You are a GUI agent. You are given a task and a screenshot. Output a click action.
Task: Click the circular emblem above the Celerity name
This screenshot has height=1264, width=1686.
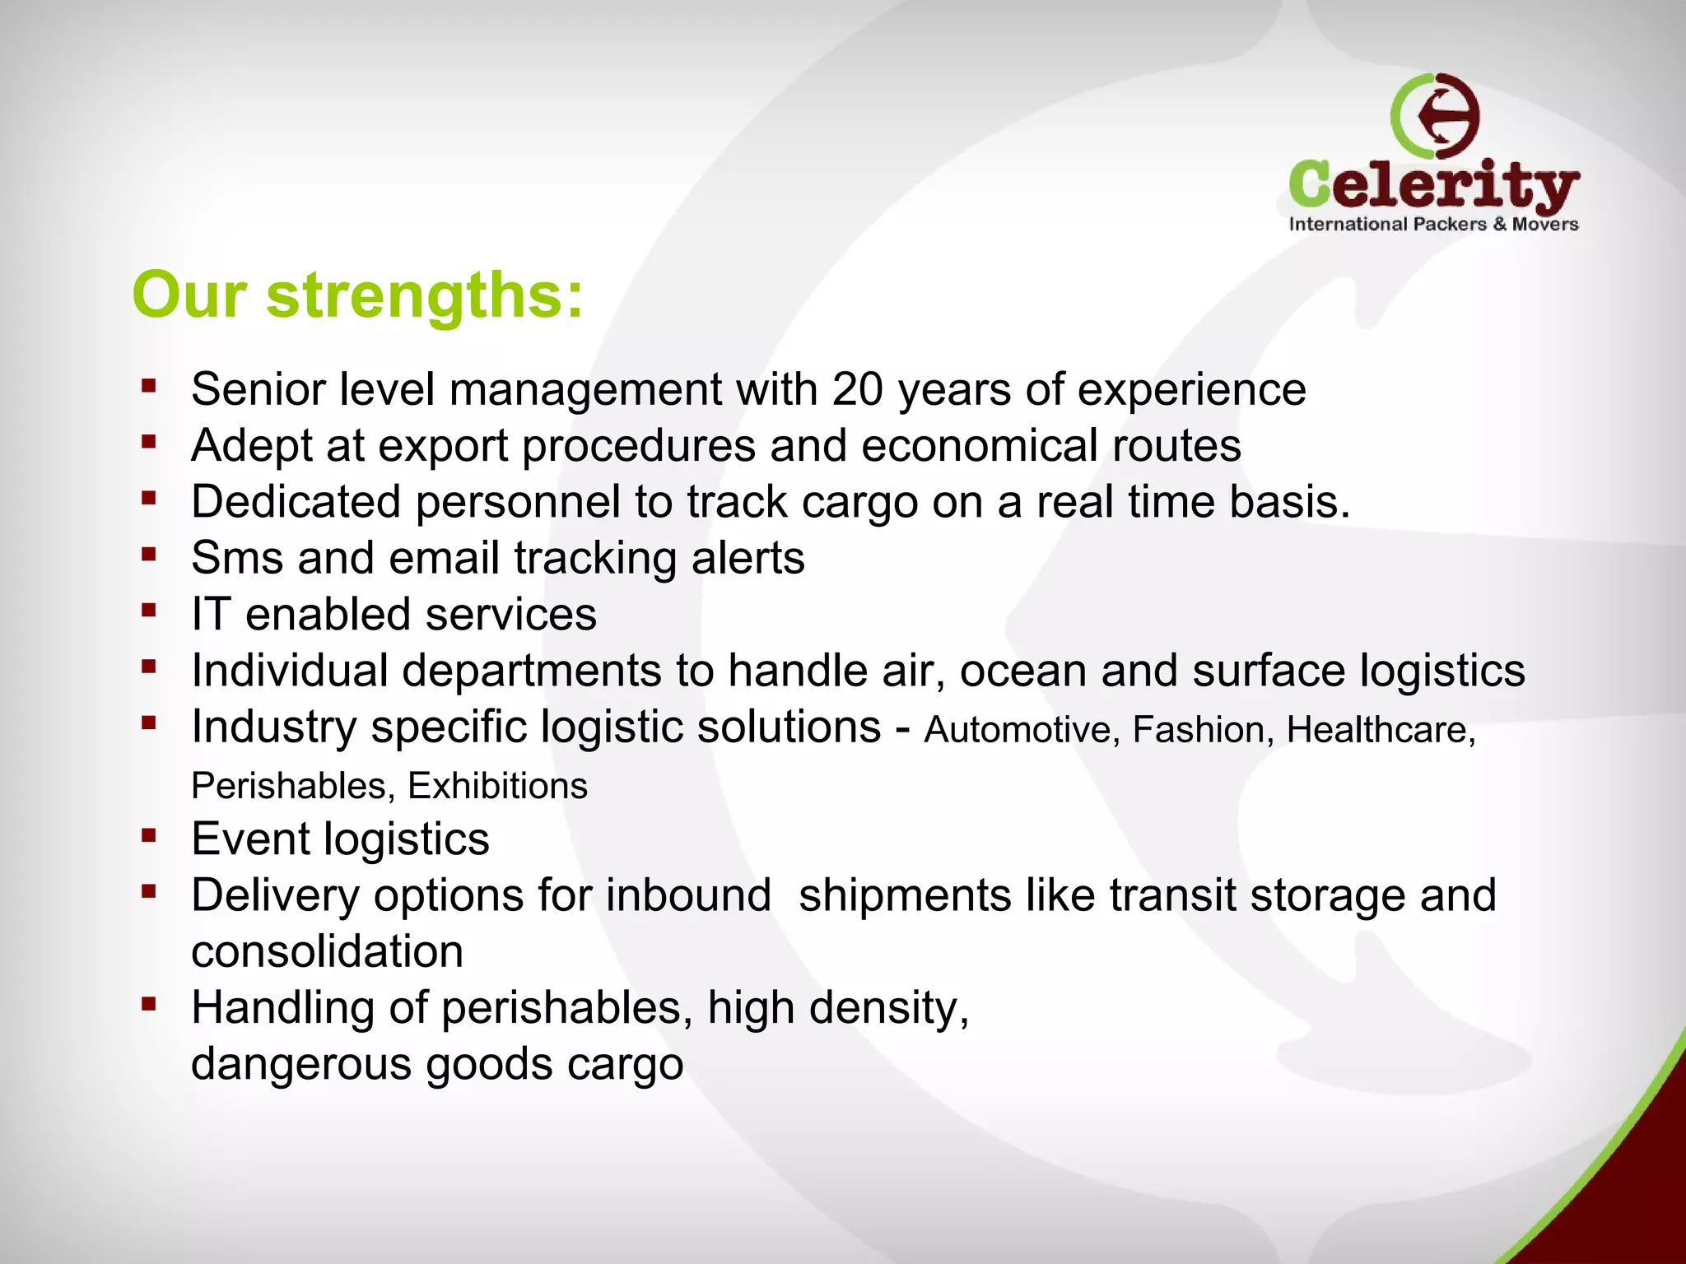click(x=1435, y=116)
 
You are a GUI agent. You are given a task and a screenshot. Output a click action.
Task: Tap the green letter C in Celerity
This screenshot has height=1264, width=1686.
click(x=1315, y=184)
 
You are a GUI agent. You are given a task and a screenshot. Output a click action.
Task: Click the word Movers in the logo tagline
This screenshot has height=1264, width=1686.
click(x=1544, y=224)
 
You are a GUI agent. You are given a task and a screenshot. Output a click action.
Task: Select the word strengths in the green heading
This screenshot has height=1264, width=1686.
click(x=424, y=296)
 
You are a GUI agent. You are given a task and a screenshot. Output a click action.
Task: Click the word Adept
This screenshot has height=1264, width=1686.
click(x=252, y=446)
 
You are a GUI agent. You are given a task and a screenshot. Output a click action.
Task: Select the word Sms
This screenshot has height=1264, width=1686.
click(x=237, y=558)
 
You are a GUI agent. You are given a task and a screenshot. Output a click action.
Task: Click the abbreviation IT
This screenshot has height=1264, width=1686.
click(x=211, y=614)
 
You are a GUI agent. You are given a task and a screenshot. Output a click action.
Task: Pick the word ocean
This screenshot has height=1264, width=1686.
click(x=1022, y=671)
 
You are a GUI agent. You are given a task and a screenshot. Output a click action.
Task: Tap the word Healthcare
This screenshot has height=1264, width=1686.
click(x=1381, y=730)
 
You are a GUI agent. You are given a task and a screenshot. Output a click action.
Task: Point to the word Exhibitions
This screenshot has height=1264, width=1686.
click(x=498, y=786)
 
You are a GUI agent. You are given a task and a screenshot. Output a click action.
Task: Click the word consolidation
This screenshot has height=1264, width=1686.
click(x=327, y=952)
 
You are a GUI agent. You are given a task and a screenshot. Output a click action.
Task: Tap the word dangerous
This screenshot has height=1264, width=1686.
click(x=301, y=1064)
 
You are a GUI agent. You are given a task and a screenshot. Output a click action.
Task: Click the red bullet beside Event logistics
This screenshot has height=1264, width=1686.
click(x=149, y=836)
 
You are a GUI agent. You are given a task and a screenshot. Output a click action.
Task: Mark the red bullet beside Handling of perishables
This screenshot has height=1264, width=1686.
click(x=149, y=1004)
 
